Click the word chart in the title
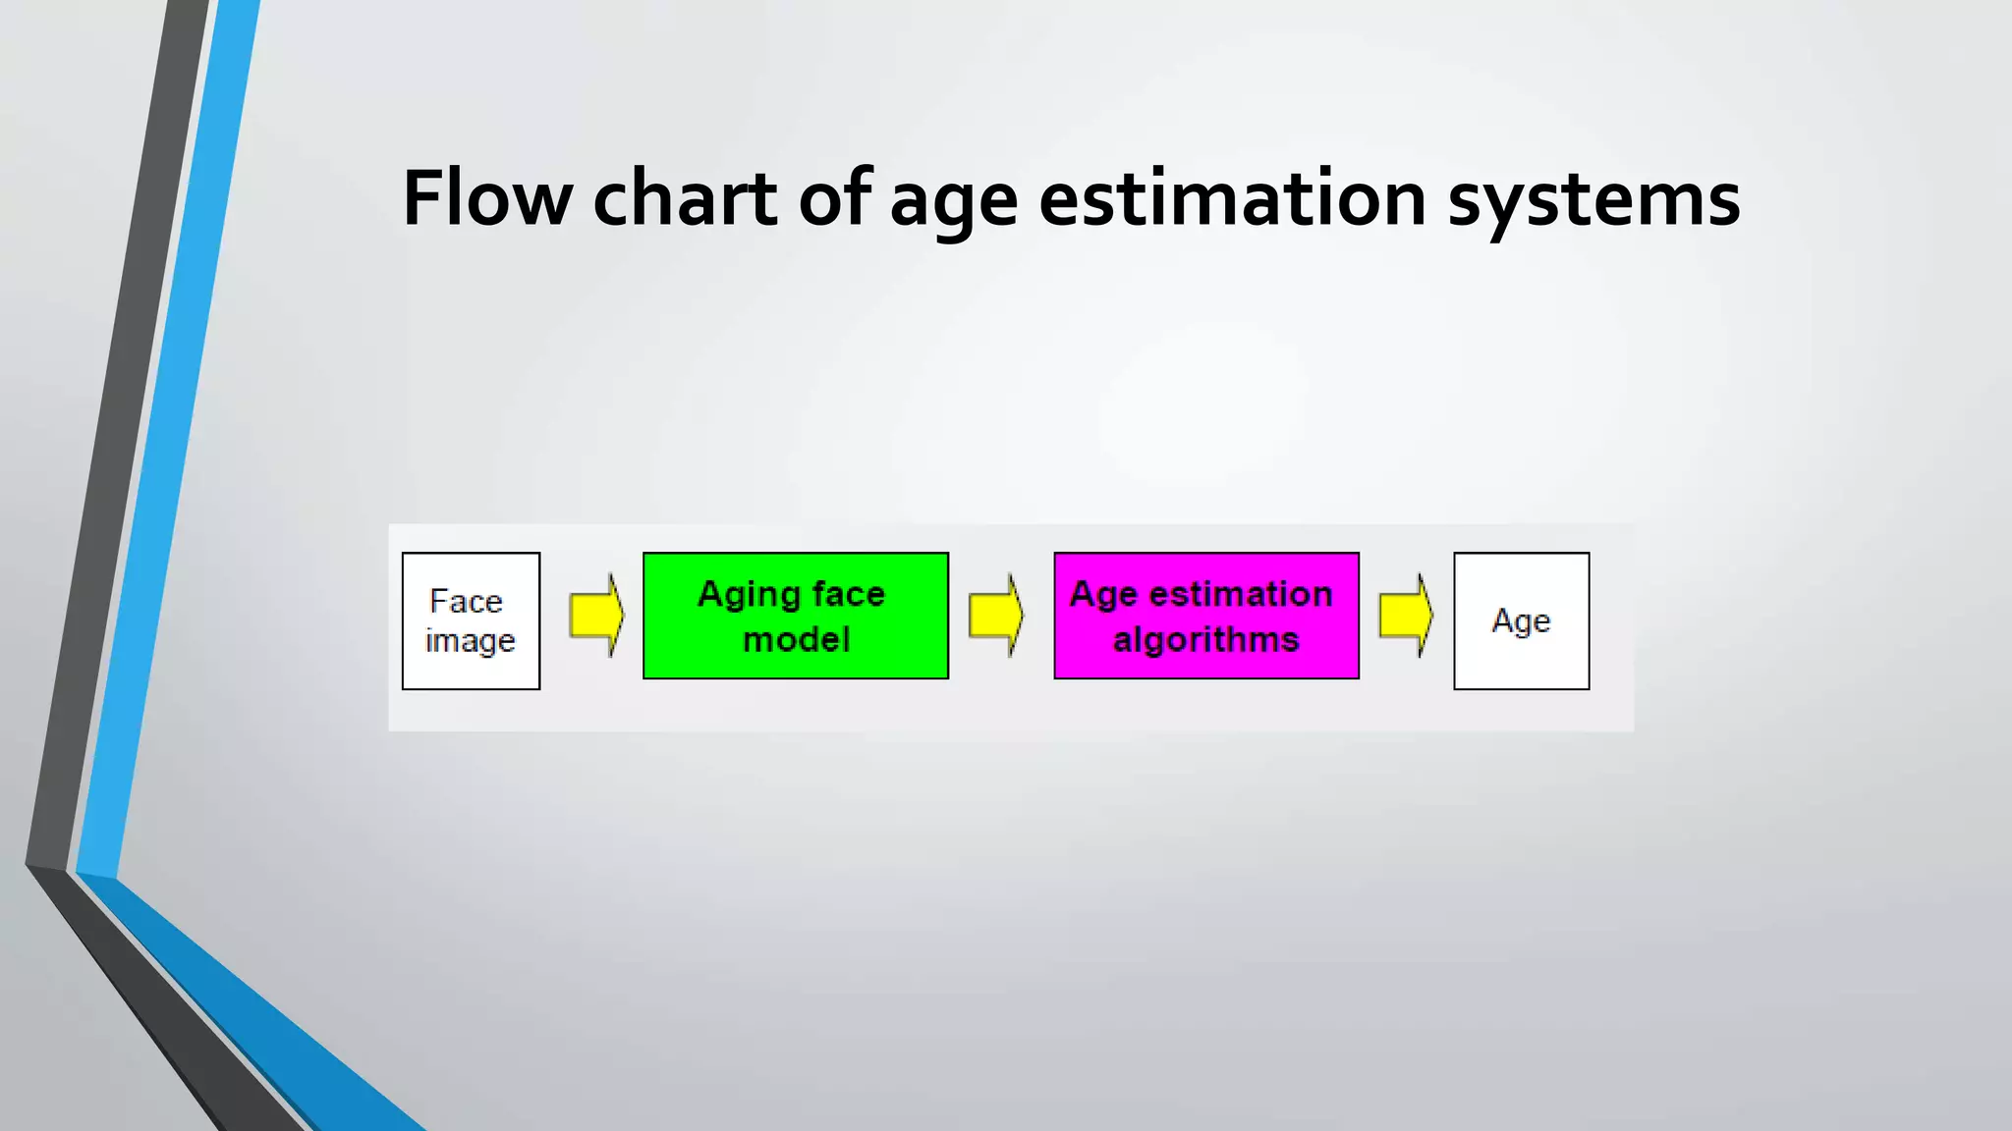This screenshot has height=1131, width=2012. click(685, 199)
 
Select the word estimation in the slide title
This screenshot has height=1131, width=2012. click(1232, 199)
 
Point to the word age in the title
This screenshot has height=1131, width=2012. click(953, 206)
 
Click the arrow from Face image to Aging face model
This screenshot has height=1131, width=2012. click(596, 616)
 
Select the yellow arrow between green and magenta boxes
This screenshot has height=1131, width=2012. click(995, 616)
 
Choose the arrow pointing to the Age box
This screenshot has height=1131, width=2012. click(1406, 616)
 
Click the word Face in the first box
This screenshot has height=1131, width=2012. click(466, 601)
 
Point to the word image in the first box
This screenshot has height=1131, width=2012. click(470, 641)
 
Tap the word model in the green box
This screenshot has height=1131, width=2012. click(796, 640)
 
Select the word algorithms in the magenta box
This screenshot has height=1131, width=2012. click(1206, 640)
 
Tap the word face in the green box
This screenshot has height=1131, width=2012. click(849, 594)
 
